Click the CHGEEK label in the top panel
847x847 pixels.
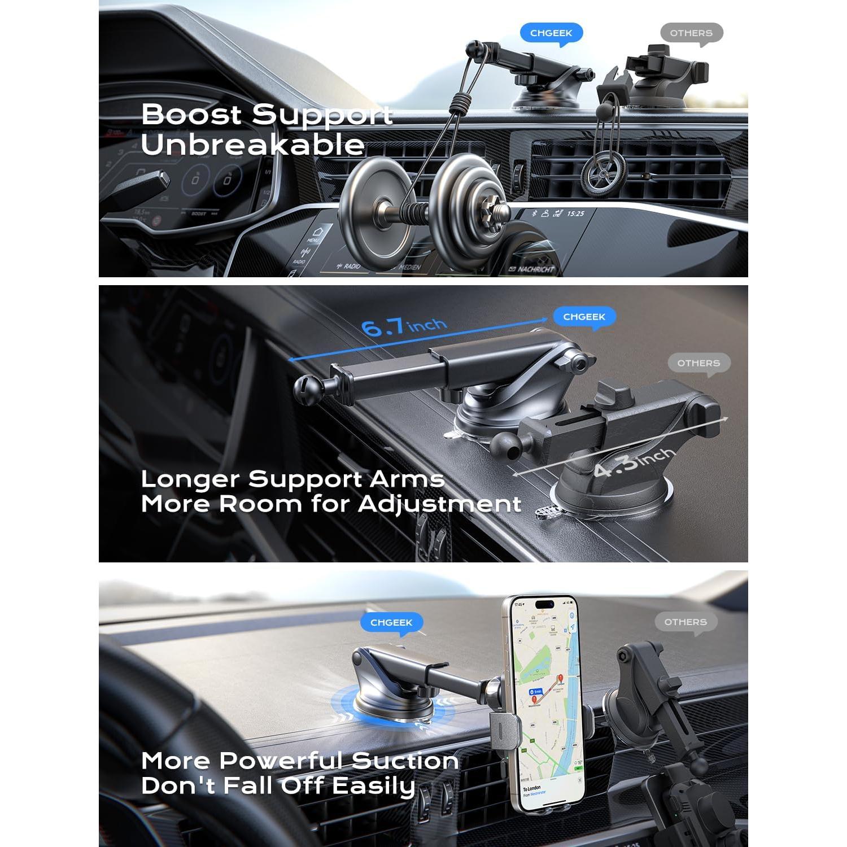tap(551, 33)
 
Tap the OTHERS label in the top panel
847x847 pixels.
tap(691, 33)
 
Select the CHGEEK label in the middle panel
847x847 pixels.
tap(584, 317)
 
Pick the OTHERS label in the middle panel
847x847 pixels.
tap(698, 363)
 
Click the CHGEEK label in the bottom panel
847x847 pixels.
tap(391, 622)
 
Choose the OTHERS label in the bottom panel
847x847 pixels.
tap(686, 622)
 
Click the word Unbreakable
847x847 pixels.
tap(252, 145)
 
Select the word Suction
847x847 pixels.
tap(398, 761)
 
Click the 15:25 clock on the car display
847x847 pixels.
tap(575, 214)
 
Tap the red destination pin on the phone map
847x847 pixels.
tap(560, 679)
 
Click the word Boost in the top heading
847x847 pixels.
tap(191, 115)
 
